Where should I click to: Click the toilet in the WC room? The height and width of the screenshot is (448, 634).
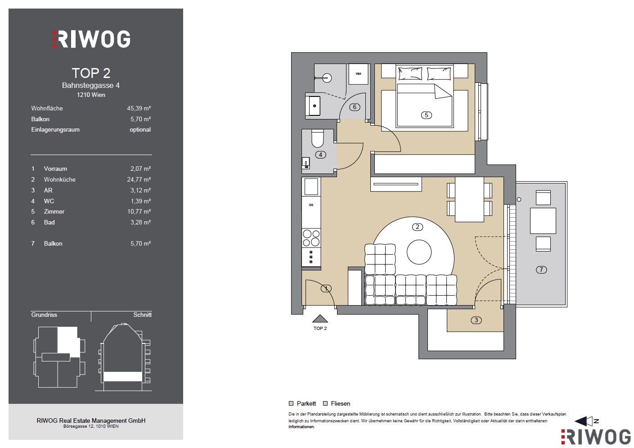tap(317, 138)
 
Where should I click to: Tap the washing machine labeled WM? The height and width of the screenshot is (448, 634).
tap(358, 74)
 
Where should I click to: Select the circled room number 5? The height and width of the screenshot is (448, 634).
tap(426, 115)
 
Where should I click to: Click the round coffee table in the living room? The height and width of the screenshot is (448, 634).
tap(419, 252)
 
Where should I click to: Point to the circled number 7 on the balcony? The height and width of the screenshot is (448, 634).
tap(541, 270)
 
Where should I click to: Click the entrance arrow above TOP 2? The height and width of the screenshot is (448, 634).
tap(320, 319)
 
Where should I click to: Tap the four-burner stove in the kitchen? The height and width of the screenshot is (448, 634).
tap(311, 238)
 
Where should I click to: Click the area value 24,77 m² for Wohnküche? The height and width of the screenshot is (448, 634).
tap(139, 179)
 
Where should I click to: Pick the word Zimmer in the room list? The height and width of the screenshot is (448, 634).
tap(54, 211)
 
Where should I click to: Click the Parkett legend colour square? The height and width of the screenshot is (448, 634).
tap(291, 403)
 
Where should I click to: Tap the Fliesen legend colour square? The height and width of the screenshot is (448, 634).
tap(325, 403)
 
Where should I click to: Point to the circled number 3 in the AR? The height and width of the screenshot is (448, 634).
tap(476, 320)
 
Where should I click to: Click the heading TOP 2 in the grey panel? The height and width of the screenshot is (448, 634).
tap(91, 73)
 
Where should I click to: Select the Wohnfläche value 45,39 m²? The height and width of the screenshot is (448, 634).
tap(139, 108)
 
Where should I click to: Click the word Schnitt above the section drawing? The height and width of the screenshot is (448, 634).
tap(142, 315)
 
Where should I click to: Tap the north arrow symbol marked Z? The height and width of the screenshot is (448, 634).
tap(585, 421)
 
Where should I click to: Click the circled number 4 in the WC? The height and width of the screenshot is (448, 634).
tap(320, 155)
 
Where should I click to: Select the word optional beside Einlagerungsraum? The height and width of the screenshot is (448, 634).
tap(140, 130)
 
